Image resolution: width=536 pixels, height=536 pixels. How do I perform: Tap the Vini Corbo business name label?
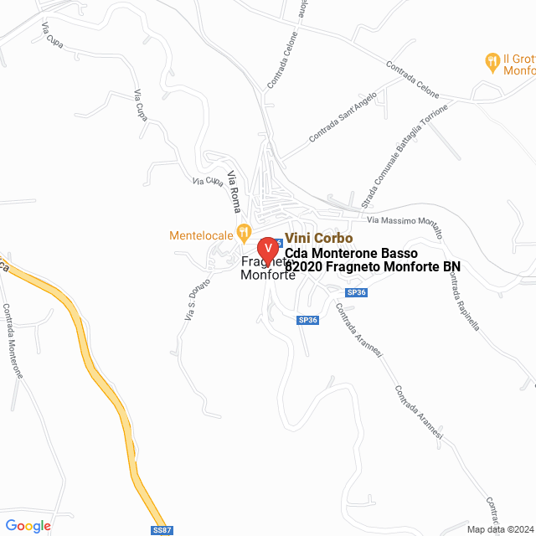[319, 239]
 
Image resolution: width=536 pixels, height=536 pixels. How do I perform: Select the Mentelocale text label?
[202, 234]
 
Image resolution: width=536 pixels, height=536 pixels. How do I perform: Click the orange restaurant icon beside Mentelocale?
[244, 231]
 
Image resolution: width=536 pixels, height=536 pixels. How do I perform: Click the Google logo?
[28, 526]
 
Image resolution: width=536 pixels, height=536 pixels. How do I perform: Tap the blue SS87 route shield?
[162, 529]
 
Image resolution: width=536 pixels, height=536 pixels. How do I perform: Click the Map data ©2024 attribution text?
[499, 529]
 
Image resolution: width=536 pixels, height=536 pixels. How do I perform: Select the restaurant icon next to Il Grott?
[492, 60]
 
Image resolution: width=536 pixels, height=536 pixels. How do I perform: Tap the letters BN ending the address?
[452, 267]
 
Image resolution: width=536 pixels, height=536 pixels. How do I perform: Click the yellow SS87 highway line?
[109, 377]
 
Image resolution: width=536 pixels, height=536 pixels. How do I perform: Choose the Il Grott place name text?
[519, 59]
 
